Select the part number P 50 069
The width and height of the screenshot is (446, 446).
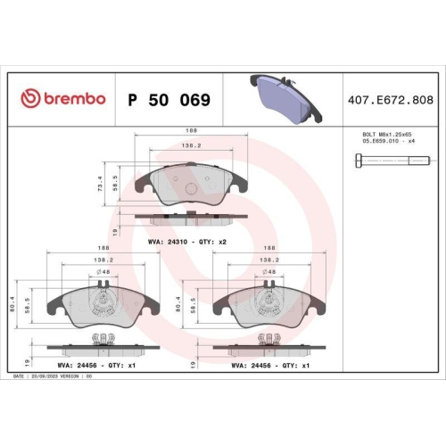[169, 100]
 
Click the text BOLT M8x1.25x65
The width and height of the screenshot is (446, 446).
[381, 133]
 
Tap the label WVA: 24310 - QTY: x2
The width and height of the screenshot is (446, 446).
[187, 242]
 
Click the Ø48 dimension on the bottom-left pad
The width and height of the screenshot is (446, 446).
[104, 271]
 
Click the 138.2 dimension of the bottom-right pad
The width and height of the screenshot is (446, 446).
[266, 261]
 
